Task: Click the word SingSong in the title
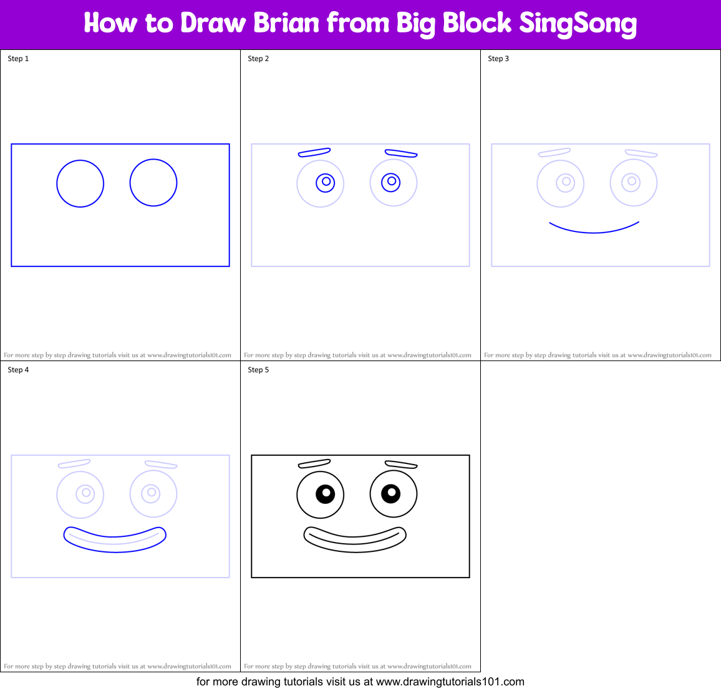point(578,24)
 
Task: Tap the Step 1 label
point(18,59)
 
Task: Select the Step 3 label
point(498,59)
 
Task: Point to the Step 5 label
point(258,370)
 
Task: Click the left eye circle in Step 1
point(80,183)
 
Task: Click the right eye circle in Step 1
point(153,183)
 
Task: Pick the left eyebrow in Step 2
point(314,152)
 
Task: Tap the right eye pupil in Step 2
point(391,182)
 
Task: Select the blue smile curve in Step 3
point(594,231)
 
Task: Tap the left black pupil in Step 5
point(325,494)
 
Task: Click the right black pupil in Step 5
point(390,493)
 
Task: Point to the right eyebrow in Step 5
point(400,465)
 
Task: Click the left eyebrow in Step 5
point(314,463)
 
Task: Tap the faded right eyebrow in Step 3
point(641,153)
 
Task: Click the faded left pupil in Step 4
point(85,493)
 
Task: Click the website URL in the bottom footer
point(450,682)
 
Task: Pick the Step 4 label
point(18,370)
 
